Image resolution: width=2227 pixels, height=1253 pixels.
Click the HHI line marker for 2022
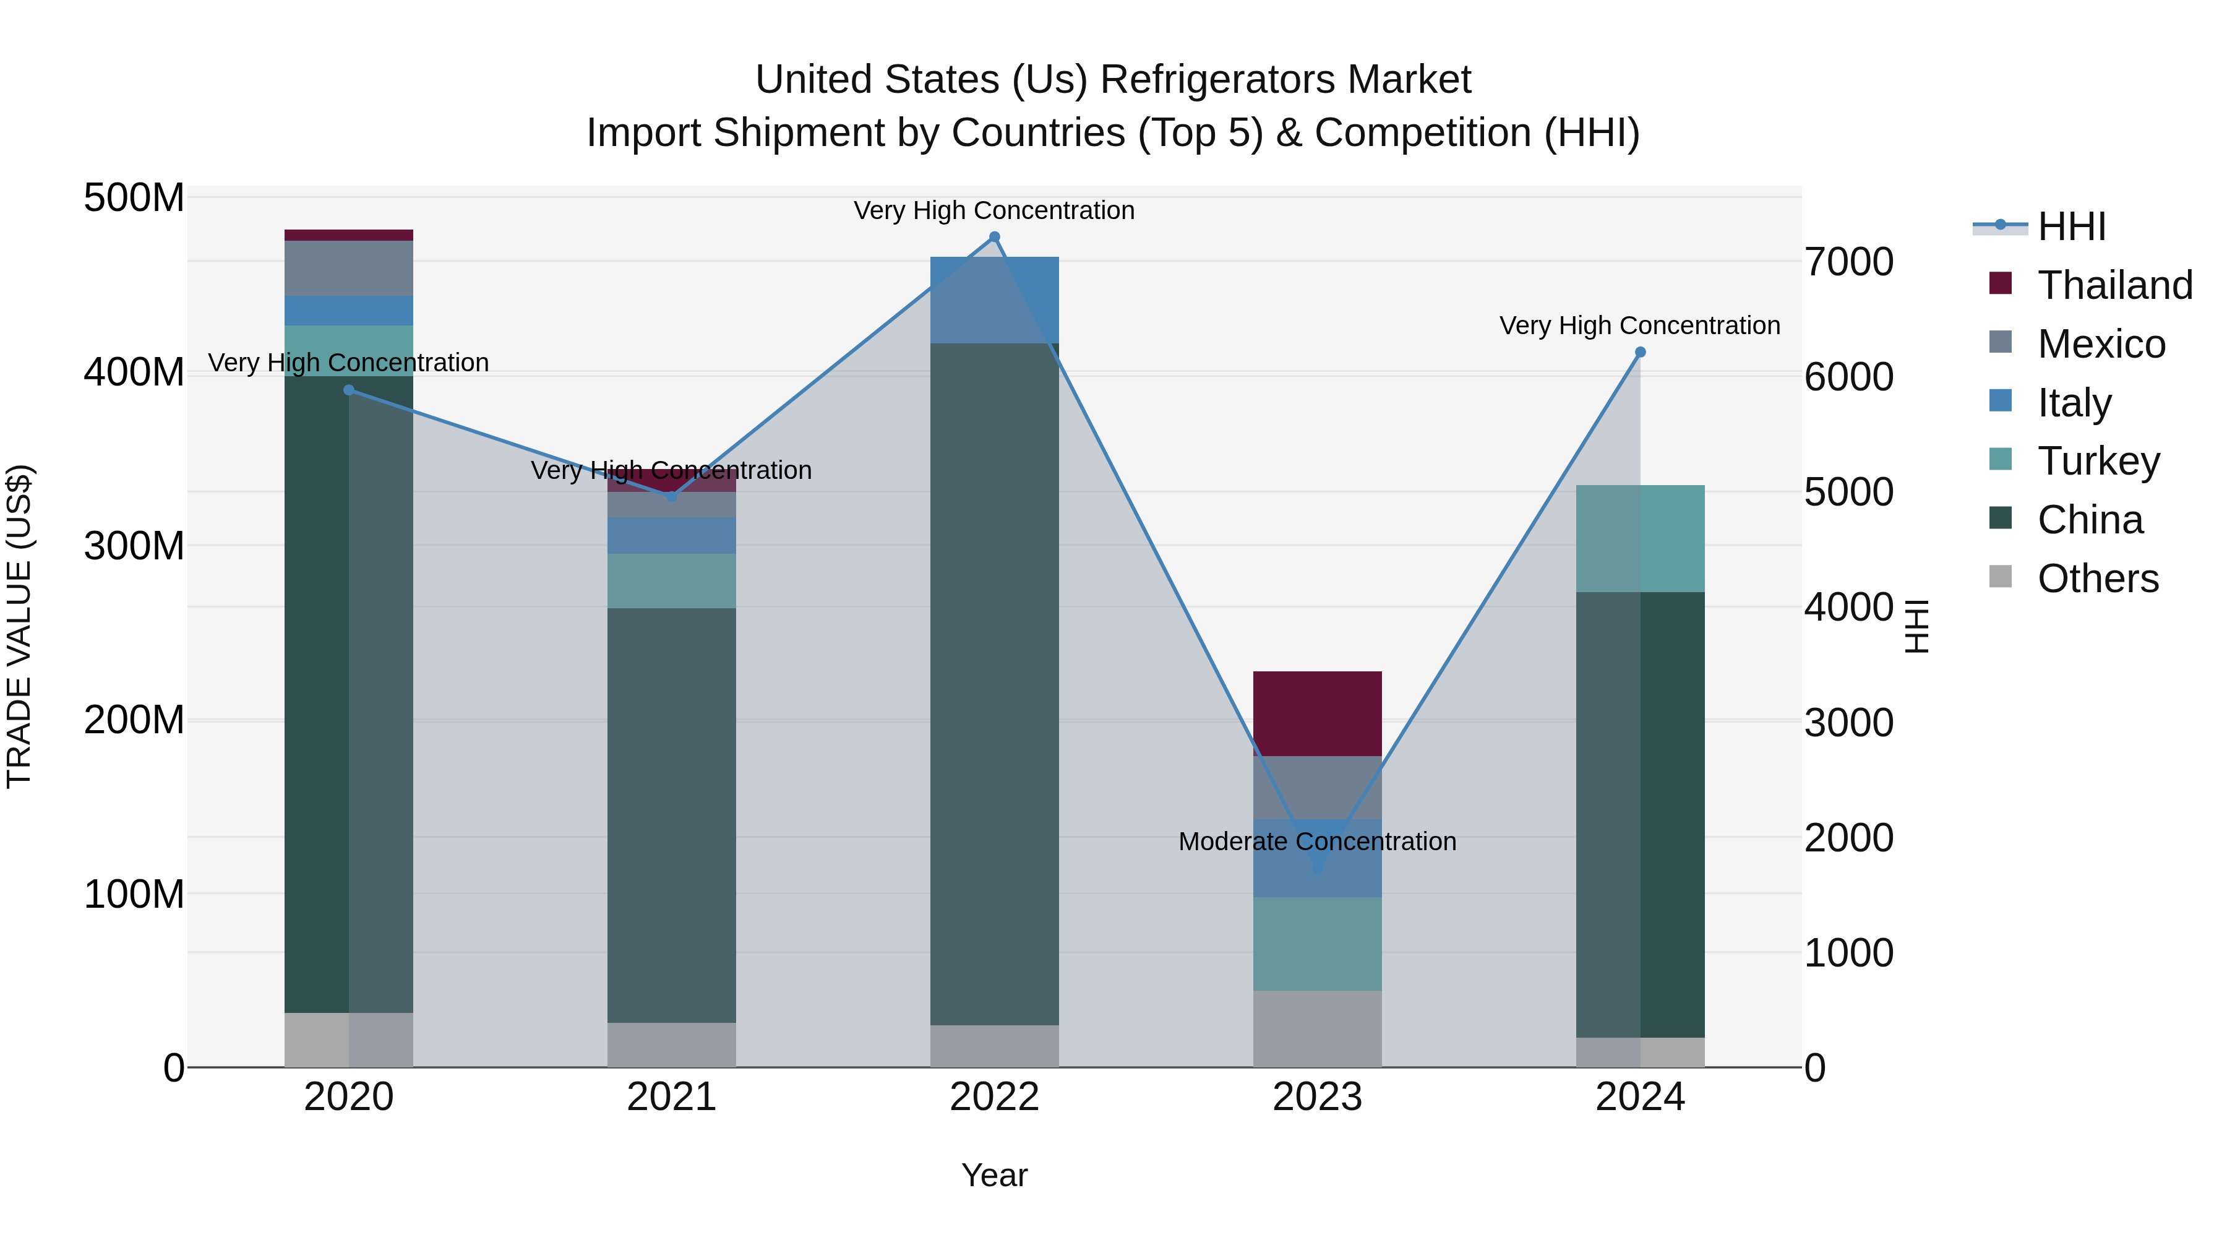[x=994, y=237]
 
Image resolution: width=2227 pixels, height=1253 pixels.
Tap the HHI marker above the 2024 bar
[x=1640, y=352]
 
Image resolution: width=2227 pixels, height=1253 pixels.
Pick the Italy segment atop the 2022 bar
[x=994, y=299]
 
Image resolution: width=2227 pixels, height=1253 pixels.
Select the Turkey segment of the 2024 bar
[x=1640, y=538]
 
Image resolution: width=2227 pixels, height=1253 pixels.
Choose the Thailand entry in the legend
[x=2114, y=285]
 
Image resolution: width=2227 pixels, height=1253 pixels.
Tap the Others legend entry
[x=2097, y=579]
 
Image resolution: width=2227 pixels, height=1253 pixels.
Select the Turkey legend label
[x=2098, y=461]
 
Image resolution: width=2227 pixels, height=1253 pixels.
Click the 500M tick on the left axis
[x=134, y=198]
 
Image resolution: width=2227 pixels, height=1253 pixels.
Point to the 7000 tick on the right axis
[x=1849, y=262]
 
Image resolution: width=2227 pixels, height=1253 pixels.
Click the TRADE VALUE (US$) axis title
[x=19, y=626]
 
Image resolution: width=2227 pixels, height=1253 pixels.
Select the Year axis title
[x=994, y=1175]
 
